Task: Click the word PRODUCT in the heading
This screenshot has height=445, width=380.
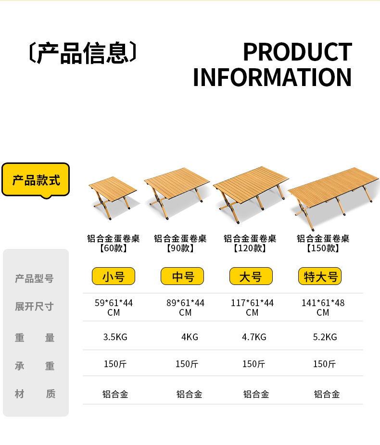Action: tap(297, 52)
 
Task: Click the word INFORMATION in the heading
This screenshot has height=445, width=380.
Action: tap(272, 77)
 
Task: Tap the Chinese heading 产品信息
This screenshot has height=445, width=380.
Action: tap(83, 53)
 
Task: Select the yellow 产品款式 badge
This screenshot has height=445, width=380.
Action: tap(36, 180)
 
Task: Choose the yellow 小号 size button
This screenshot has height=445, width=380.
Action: tap(114, 276)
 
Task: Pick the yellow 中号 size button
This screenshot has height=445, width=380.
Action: tap(182, 276)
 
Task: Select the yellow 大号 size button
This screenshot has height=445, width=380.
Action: tap(250, 276)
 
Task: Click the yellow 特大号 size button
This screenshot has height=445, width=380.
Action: tap(320, 276)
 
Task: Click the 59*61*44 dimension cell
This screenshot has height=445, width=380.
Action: tap(114, 308)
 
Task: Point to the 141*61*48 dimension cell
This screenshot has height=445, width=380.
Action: tap(323, 308)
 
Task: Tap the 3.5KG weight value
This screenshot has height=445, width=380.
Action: tap(115, 337)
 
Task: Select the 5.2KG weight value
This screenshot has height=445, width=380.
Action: tap(325, 337)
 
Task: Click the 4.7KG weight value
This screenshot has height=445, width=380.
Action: tap(254, 337)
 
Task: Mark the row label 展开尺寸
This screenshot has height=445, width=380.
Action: tap(34, 307)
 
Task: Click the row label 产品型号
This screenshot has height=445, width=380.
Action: tap(34, 279)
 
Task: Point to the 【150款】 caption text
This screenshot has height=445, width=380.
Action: tap(323, 248)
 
